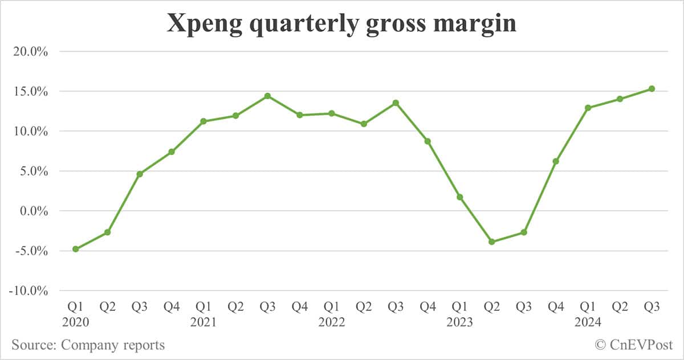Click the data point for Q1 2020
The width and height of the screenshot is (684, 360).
point(75,249)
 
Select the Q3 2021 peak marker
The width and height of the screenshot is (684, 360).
point(267,96)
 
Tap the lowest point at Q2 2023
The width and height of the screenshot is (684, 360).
point(492,242)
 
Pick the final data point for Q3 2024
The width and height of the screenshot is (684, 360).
point(652,88)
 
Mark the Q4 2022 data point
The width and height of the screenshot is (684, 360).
point(427,141)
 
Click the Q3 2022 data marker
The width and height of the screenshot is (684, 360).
point(396,103)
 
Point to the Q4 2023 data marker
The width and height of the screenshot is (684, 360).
point(556,161)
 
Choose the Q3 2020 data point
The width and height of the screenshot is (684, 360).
point(140,174)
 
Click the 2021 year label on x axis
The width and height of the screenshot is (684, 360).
point(203,322)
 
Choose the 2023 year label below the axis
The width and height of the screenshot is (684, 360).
point(460,322)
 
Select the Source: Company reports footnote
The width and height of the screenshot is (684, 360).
point(88,345)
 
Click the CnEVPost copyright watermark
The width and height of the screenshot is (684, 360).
point(633,345)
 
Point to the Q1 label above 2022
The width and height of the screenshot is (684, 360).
point(332,307)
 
